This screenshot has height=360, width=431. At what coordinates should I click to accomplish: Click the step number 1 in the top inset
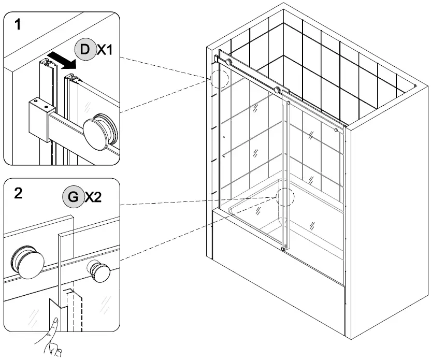(18, 24)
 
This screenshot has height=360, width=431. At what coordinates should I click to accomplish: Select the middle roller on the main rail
(278, 90)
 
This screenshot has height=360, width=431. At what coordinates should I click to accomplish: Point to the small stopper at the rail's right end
(337, 131)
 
